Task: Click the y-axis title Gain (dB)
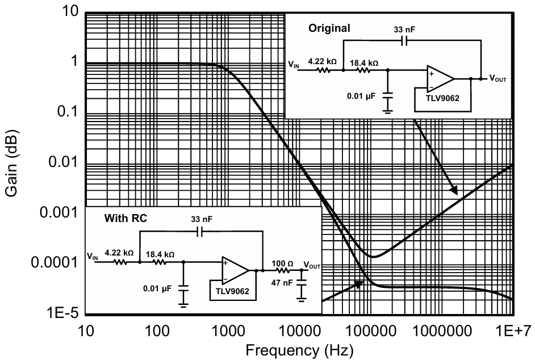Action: [11, 163]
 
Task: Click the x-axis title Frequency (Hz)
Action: [299, 350]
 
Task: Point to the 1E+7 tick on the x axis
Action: [514, 330]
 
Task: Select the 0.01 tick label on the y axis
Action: [64, 161]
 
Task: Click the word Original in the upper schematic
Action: [329, 28]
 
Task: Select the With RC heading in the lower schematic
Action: [126, 218]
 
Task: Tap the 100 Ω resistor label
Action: [282, 263]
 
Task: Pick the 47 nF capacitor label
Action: [282, 283]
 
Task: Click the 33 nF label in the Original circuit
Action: [405, 30]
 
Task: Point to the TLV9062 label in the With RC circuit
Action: [232, 291]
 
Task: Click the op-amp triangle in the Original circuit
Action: [440, 79]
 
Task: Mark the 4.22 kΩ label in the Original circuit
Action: [323, 61]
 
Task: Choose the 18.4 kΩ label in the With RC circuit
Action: [160, 254]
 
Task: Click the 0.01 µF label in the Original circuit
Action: [361, 96]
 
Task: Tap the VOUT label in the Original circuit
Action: [498, 78]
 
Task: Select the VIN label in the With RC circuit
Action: [92, 256]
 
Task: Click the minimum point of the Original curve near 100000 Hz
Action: [374, 257]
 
